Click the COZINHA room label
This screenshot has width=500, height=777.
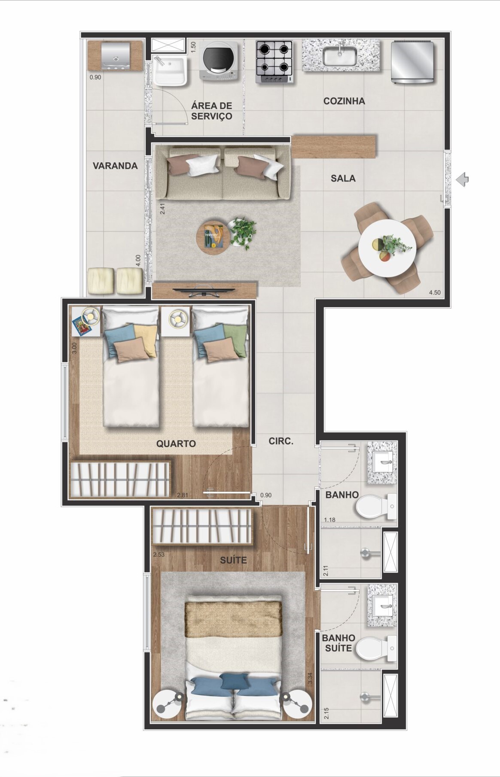pos(344,101)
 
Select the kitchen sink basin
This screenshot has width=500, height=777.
pos(340,56)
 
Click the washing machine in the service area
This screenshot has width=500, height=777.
pos(219,61)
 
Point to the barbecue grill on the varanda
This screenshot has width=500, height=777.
pos(115,56)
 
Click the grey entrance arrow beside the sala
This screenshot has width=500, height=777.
pos(463,179)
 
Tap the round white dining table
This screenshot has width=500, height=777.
pos(387,248)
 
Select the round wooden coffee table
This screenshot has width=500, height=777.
pos(213,237)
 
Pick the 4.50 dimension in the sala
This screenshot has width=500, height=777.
pos(435,293)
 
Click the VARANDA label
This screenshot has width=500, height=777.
pos(115,166)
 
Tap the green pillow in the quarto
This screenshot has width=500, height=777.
pos(236,339)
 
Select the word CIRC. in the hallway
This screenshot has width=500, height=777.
pos(281,441)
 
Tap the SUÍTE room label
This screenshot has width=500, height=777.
pos(233,560)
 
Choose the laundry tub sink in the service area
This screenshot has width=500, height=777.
pos(169,70)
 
